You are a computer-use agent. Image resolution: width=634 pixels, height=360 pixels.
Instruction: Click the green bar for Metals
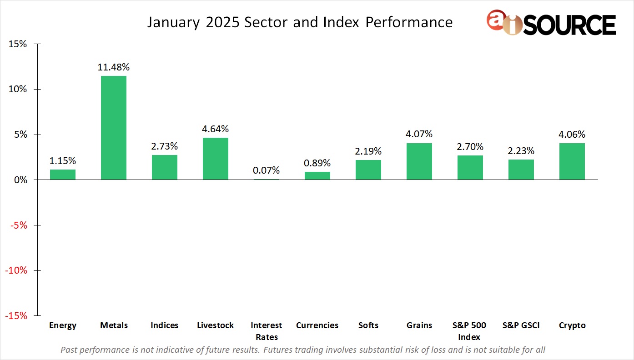[114, 128]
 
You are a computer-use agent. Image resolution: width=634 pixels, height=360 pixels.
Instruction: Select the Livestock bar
[216, 159]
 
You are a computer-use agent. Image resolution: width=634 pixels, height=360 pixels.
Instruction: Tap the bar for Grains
[419, 161]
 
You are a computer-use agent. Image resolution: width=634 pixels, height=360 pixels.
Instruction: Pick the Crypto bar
[572, 161]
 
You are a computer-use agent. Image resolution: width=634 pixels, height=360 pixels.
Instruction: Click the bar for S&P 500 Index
[470, 167]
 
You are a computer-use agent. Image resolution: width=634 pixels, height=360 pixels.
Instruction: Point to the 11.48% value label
[114, 67]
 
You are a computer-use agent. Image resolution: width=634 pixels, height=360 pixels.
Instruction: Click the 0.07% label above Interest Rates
[267, 171]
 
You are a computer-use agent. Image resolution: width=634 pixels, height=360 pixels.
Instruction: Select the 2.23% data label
[521, 151]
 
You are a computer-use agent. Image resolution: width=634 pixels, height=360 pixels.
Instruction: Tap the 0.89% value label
[317, 163]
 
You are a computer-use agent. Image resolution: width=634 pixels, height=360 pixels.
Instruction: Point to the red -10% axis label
[16, 270]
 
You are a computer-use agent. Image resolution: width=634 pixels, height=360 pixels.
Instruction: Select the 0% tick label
[20, 180]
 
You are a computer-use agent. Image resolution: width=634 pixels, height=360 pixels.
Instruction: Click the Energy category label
[63, 325]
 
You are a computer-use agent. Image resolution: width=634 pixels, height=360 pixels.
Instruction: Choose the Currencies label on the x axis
[317, 325]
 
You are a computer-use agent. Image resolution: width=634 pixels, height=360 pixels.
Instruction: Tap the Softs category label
[368, 325]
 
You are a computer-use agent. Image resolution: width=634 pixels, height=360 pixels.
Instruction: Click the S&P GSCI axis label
[521, 325]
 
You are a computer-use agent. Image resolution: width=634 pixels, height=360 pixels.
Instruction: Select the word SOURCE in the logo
[570, 25]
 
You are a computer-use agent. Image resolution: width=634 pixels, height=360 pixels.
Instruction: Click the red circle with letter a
[496, 20]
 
